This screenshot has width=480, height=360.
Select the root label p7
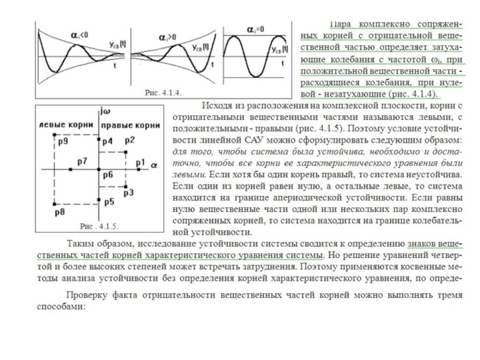pos(83,163)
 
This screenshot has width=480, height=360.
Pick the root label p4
pos(107,142)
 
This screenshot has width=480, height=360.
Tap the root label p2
pos(130,139)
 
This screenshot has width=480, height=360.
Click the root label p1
pos(140,163)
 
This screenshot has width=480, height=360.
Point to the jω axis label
pos(106,111)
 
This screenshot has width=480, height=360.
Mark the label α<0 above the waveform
pos(79,37)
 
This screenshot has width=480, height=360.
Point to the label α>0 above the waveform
pos(168,37)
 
